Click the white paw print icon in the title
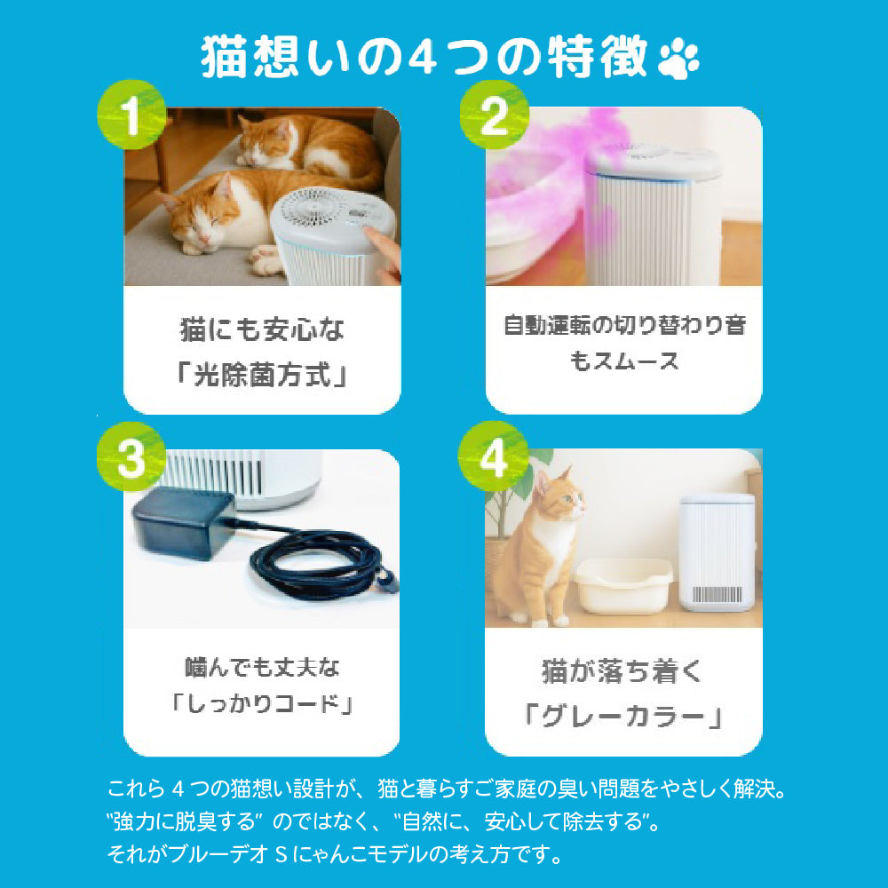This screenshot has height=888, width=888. coord(678,59)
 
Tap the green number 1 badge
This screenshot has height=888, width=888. coord(132,115)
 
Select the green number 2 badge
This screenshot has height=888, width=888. coord(494,115)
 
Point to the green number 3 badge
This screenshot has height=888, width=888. coord(131,456)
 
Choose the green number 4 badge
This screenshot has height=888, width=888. coord(493,456)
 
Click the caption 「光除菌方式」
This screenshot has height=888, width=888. coord(262,375)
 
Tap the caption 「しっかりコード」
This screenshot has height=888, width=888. coord(262,704)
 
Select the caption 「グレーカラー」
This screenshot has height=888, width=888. coord(623,717)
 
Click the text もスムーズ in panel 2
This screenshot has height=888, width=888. coord(623,361)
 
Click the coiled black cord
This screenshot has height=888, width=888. coord(324,563)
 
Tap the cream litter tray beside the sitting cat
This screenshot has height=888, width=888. coord(623,586)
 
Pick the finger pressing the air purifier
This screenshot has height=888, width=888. coord(383,251)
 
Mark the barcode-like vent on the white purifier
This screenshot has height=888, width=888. coord(718,594)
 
